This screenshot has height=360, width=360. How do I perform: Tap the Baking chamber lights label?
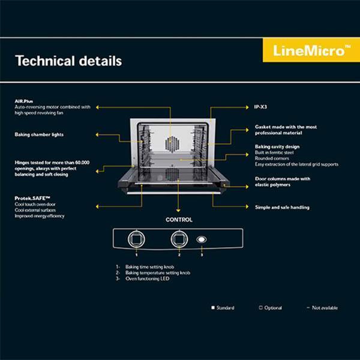39,134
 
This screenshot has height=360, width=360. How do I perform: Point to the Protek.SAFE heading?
34,197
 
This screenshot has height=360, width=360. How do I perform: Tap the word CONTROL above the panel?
179,220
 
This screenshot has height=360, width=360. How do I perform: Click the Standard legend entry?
223,308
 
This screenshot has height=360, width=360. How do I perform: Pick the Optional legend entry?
270,308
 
